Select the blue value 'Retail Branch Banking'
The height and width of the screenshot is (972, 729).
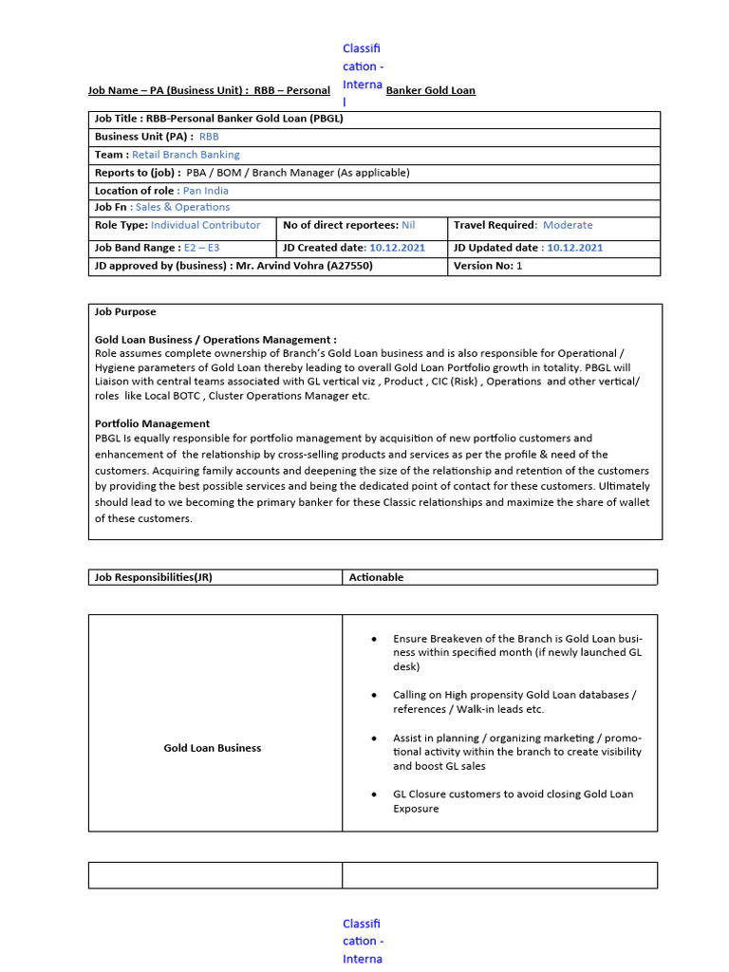pyautogui.click(x=185, y=155)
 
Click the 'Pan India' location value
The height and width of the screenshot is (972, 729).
pyautogui.click(x=205, y=191)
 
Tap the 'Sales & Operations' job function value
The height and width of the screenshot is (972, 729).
pyautogui.click(x=182, y=207)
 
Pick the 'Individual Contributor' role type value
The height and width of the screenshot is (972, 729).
pyautogui.click(x=205, y=225)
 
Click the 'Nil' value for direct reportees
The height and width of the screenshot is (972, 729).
pyautogui.click(x=408, y=225)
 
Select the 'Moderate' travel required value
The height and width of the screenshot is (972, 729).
pyautogui.click(x=567, y=225)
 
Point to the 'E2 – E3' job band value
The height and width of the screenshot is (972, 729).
pyautogui.click(x=201, y=248)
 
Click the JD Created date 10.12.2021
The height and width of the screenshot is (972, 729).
pyautogui.click(x=397, y=248)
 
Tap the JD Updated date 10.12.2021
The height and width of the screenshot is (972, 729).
pyautogui.click(x=574, y=248)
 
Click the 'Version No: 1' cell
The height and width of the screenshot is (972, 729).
pyautogui.click(x=488, y=266)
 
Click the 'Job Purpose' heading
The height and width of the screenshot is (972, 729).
pyautogui.click(x=125, y=311)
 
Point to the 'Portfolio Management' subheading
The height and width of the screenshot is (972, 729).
pyautogui.click(x=152, y=423)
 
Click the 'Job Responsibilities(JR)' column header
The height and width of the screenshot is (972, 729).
pyautogui.click(x=159, y=577)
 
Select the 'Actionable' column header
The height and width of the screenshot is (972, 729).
pyautogui.click(x=376, y=577)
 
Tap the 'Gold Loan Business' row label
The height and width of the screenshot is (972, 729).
pyautogui.click(x=212, y=748)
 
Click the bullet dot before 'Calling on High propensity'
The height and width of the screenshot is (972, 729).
pyautogui.click(x=375, y=695)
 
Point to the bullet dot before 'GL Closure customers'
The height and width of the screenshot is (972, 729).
pyautogui.click(x=375, y=794)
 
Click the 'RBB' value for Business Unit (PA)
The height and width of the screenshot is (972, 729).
pyautogui.click(x=209, y=137)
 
